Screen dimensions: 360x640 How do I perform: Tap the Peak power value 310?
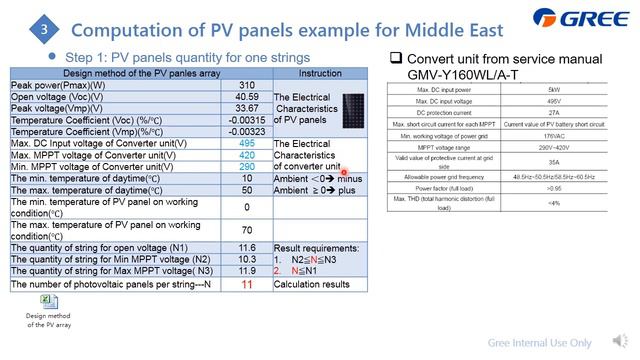247,86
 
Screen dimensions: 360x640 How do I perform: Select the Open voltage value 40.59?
247,97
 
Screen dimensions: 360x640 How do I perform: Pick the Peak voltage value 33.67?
247,108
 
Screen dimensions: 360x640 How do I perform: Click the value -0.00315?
247,120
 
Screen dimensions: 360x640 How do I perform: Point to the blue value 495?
247,144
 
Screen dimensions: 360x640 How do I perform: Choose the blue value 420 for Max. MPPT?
247,155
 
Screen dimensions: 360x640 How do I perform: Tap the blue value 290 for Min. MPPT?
247,166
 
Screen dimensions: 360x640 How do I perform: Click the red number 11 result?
247,285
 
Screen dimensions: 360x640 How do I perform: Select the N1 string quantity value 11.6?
247,246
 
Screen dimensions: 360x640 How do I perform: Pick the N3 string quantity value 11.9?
247,270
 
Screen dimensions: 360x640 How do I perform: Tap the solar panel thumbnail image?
353,108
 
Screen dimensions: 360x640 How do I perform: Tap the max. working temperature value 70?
247,229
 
